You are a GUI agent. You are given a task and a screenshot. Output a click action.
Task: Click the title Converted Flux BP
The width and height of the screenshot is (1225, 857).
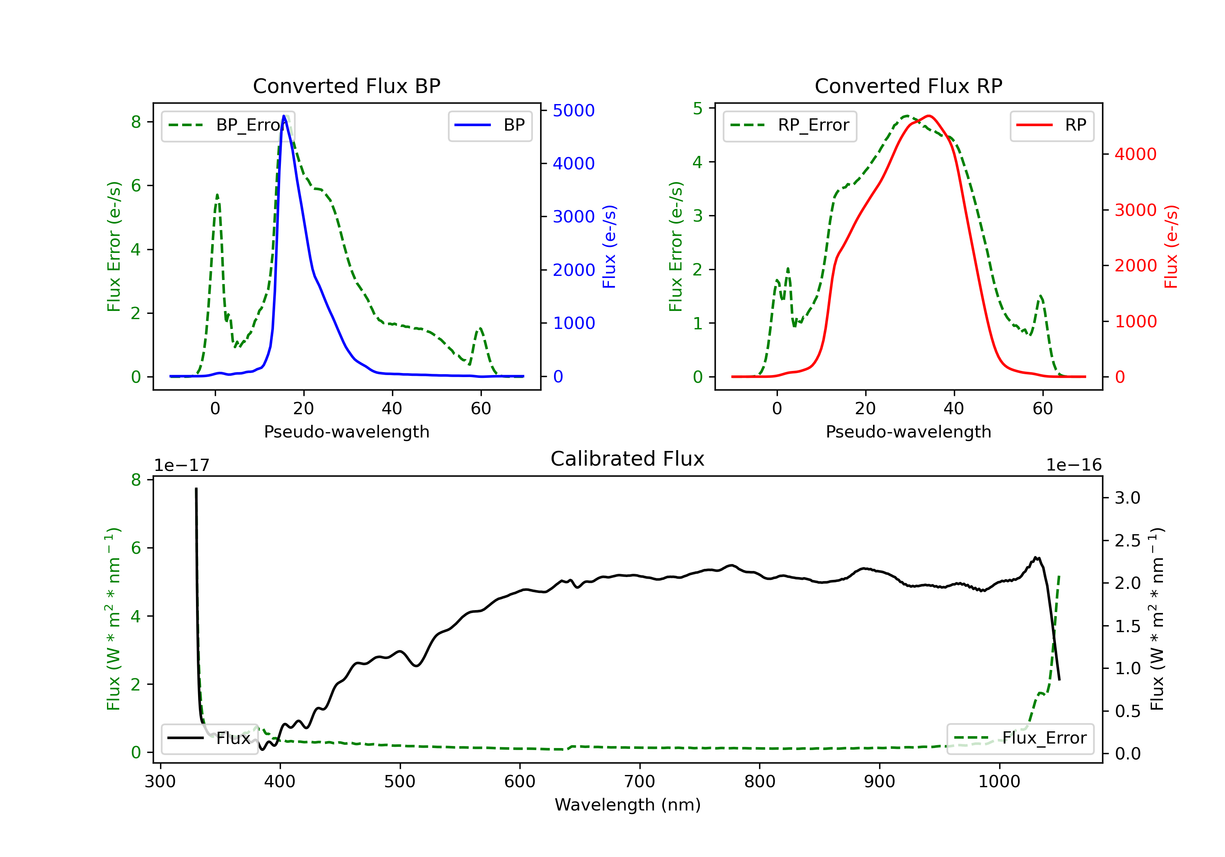(346, 86)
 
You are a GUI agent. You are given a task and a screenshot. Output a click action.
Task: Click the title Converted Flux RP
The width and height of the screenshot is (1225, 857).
(908, 86)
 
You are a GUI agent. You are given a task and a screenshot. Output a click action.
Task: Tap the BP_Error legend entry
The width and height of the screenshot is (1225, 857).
(228, 125)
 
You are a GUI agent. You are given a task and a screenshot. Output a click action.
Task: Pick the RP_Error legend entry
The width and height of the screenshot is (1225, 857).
(790, 125)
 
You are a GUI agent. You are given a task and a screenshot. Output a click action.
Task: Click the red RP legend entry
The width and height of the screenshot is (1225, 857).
(1051, 125)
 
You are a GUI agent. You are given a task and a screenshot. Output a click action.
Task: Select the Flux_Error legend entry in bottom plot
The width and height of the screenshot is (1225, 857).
(1020, 738)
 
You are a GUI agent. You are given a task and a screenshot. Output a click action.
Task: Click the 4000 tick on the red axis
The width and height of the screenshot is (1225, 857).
(1135, 154)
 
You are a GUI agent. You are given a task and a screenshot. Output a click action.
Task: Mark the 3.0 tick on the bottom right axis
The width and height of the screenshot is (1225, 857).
(1127, 498)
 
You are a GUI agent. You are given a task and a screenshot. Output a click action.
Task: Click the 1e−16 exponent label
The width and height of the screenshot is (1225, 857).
(1074, 465)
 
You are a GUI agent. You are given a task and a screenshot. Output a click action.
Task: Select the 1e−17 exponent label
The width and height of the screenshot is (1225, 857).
(181, 465)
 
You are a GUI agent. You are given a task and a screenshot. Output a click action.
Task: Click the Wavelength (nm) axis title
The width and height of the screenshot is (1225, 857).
(628, 805)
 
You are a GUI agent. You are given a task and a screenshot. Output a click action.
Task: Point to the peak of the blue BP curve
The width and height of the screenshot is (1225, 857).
(284, 116)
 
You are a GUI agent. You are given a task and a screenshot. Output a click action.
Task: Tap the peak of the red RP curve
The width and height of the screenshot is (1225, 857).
(929, 116)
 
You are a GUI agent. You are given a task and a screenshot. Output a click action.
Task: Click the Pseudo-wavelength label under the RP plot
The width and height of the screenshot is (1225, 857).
(908, 431)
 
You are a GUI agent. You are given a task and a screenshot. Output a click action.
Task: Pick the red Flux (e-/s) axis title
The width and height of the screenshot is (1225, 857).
(1171, 246)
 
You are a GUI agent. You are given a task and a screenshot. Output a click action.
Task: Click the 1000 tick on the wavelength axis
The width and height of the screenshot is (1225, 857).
(999, 782)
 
